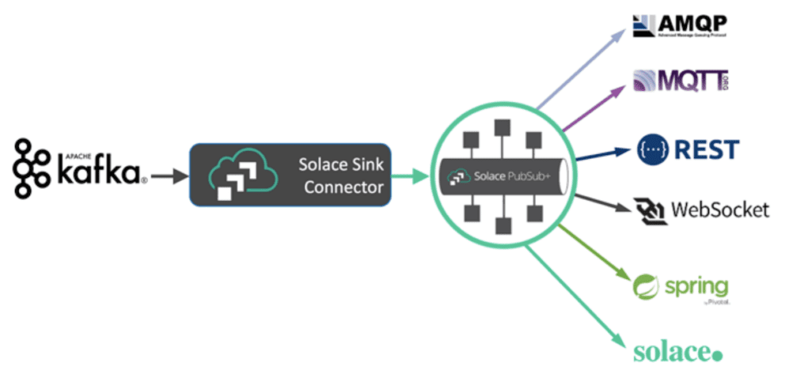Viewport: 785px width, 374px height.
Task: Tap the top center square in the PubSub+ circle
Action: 499,127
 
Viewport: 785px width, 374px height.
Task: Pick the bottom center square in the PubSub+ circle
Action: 499,226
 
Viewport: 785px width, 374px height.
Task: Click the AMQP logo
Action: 681,26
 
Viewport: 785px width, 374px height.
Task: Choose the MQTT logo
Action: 681,82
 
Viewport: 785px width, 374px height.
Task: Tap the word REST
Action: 707,149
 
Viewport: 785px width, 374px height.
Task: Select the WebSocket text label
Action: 719,210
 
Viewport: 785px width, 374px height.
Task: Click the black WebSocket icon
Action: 650,210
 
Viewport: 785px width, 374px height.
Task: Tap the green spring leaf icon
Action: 645,285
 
